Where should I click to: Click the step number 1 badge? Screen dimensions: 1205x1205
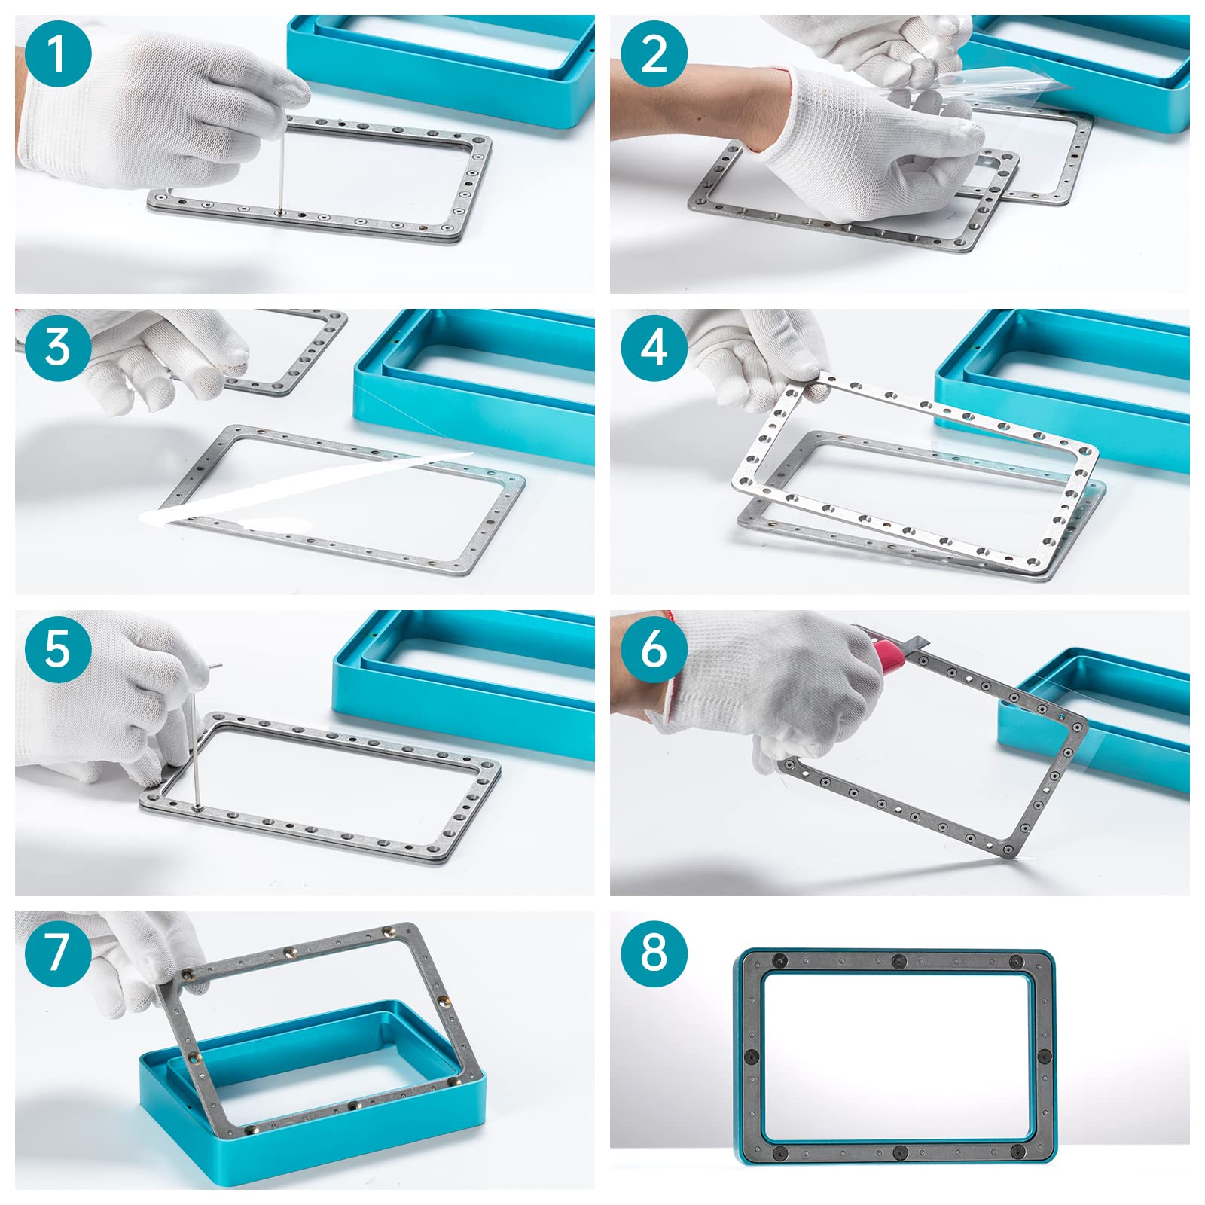coord(58,54)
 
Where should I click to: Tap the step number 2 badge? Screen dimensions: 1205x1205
coord(654,54)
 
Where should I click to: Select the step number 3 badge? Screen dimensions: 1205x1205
coord(58,347)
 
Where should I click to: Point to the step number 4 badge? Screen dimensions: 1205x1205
coord(654,347)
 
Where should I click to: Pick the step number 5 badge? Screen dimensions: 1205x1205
coord(58,648)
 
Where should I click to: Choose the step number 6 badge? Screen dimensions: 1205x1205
coord(654,648)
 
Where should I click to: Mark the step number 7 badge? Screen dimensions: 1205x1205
coord(58,953)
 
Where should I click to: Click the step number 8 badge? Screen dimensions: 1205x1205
coord(654,953)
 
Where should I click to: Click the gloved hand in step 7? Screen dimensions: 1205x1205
coord(147,960)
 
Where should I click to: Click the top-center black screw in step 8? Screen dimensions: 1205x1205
coord(898,962)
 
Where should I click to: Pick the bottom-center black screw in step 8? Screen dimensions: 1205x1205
coord(898,1153)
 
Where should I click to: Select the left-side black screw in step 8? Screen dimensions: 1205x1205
coord(751,1057)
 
